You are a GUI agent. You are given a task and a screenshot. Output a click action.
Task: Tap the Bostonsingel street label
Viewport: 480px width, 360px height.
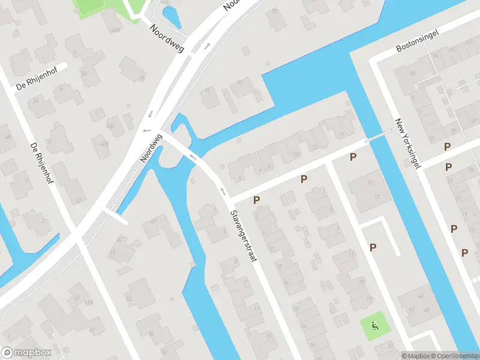click(418, 40)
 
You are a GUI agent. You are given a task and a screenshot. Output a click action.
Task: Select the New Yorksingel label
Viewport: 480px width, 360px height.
click(408, 143)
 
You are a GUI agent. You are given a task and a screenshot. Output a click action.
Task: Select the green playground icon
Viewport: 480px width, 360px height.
click(375, 326)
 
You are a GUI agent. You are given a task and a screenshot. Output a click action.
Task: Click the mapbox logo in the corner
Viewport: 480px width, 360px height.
click(26, 353)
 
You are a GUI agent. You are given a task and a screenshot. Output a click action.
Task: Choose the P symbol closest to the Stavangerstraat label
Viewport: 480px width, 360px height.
click(257, 200)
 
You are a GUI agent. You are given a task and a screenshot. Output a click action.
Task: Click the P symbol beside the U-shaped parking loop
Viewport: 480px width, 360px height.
click(373, 247)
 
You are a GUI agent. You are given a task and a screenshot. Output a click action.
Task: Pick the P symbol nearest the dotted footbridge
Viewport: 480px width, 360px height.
click(353, 157)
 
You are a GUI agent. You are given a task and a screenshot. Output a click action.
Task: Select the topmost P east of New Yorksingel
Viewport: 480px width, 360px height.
click(447, 146)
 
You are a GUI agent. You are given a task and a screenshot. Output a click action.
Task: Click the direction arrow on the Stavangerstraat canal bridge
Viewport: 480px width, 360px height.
click(193, 158)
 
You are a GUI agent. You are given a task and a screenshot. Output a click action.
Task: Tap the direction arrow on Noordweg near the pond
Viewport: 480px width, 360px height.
click(207, 46)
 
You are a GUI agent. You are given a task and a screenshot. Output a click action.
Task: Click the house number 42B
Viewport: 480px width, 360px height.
click(104, 145)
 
